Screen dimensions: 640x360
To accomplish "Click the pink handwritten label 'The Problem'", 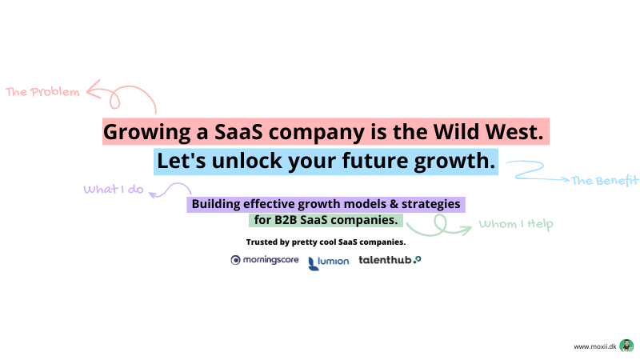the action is click(42, 92).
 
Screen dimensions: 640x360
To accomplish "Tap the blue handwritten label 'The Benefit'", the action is click(605, 181).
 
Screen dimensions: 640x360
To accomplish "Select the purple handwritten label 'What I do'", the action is click(114, 189).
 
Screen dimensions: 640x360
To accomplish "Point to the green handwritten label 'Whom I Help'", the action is click(516, 224).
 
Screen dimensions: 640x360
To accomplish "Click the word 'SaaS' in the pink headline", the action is click(238, 132).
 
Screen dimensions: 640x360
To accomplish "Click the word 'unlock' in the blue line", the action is click(247, 161).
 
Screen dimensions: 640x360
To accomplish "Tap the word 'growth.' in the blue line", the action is click(454, 162).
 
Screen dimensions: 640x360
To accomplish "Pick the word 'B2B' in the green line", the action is click(286, 220).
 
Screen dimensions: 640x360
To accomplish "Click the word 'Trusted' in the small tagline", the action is click(262, 242).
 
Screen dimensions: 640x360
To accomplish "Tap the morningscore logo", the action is click(265, 260).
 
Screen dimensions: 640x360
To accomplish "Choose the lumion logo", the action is click(329, 263).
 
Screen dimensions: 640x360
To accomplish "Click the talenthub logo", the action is click(390, 260).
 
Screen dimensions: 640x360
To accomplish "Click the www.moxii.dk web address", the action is click(595, 346).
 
